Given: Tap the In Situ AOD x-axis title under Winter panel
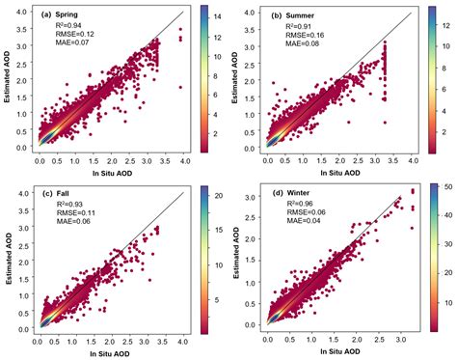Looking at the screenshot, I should (335, 353).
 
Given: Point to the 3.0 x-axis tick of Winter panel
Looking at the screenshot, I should (397, 342).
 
